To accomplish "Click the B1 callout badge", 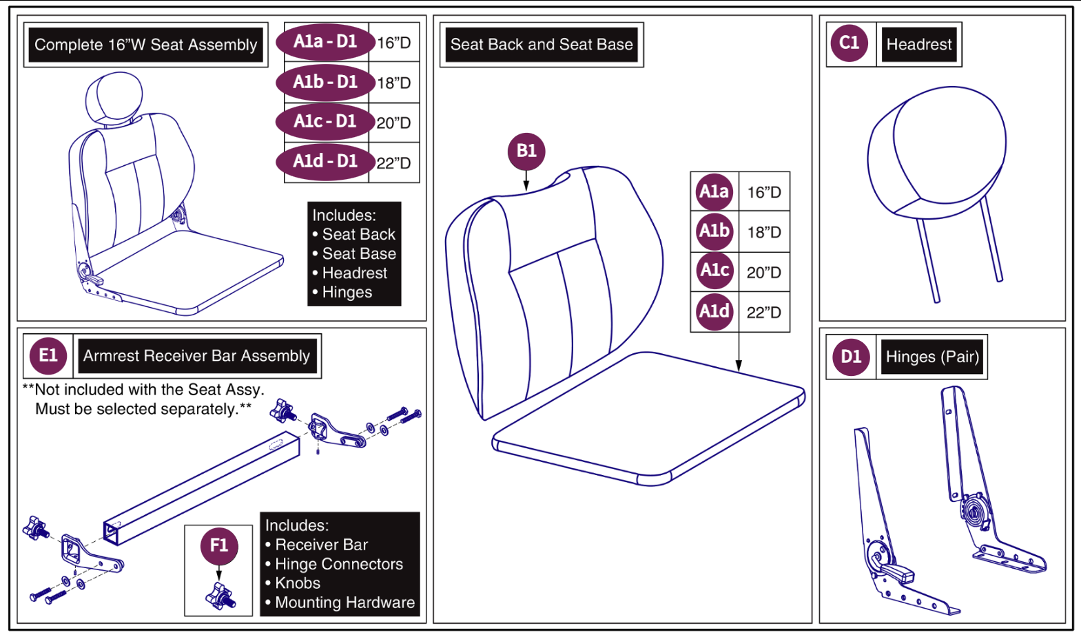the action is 526,151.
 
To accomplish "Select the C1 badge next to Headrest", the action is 849,43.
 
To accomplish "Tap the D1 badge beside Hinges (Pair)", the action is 851,357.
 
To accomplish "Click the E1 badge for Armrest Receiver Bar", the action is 48,355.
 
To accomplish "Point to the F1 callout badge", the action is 219,546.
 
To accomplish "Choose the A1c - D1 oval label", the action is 325,122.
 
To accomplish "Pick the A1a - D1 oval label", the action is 325,42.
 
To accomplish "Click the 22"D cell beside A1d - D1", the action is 393,163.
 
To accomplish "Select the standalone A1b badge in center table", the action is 714,231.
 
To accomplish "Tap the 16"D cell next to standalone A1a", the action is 764,192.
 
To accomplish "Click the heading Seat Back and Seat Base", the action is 542,45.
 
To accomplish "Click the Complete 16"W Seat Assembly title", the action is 145,45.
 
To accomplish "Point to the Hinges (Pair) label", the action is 932,357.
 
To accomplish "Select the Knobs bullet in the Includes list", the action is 297,583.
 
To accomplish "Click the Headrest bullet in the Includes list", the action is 354,273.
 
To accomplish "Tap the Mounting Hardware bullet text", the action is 344,603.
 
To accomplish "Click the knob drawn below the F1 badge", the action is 220,596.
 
